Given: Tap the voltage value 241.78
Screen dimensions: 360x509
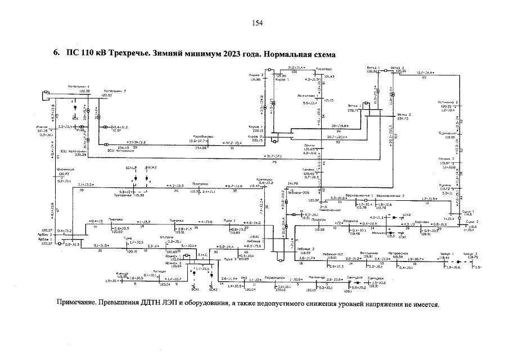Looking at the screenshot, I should (x=292, y=183).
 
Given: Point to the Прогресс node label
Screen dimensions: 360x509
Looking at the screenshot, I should (x=201, y=183).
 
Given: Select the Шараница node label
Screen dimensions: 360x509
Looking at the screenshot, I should (x=66, y=169).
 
